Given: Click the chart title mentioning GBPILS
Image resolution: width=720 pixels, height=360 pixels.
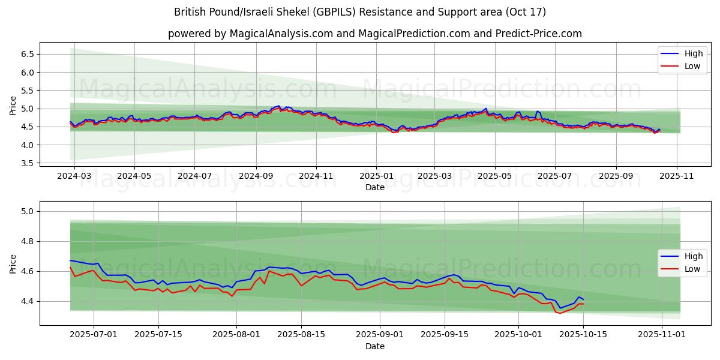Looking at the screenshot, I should tap(360, 12).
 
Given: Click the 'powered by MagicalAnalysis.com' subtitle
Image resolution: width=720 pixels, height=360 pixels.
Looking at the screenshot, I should tap(375, 34).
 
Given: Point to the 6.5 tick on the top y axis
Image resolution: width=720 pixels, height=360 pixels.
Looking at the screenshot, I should tap(26, 54).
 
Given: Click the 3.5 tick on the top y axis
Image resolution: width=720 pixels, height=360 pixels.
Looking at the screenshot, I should tap(26, 163).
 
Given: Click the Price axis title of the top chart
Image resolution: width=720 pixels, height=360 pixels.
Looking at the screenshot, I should tap(13, 106).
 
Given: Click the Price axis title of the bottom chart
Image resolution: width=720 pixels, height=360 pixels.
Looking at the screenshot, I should tap(13, 264).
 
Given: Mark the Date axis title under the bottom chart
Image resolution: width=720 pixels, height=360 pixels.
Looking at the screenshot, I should tap(375, 346).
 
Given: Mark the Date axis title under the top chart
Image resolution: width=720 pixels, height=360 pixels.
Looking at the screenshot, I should tap(375, 188).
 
